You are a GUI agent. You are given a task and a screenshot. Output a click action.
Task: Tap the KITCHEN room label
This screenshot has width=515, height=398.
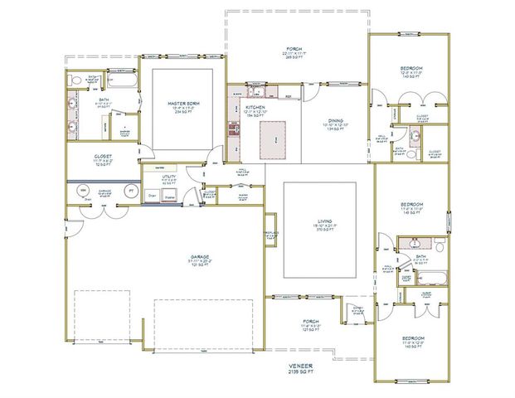(x=255, y=108)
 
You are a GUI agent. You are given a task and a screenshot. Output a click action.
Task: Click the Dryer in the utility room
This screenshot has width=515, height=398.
(x=152, y=196)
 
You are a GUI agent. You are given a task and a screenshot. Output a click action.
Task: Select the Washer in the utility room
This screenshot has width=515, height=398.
(x=169, y=197)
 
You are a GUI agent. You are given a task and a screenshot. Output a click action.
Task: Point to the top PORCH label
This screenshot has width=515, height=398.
(x=294, y=51)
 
